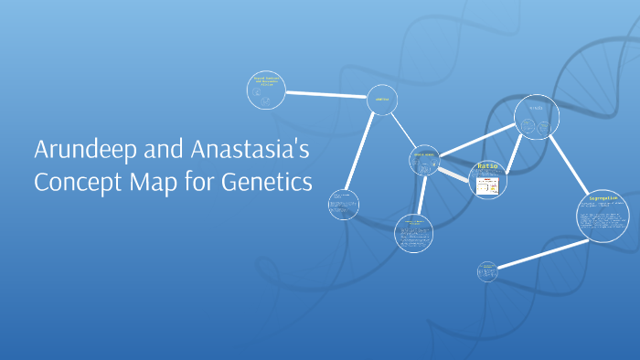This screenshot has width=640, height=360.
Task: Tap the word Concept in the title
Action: pos(76,181)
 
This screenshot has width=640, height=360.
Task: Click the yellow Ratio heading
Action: pos(485,168)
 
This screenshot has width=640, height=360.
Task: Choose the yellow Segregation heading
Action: pos(603,197)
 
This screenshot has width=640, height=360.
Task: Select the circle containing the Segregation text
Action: pos(603,216)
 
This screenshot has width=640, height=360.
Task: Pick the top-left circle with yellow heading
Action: pos(267,90)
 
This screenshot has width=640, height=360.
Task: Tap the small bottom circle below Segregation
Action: pos(487,270)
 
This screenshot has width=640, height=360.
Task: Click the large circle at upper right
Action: pos(536,118)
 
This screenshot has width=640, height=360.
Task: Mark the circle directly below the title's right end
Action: pos(344,204)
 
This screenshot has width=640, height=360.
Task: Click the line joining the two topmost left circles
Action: pos(326,95)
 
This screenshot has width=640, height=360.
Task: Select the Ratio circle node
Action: pos(486,180)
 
